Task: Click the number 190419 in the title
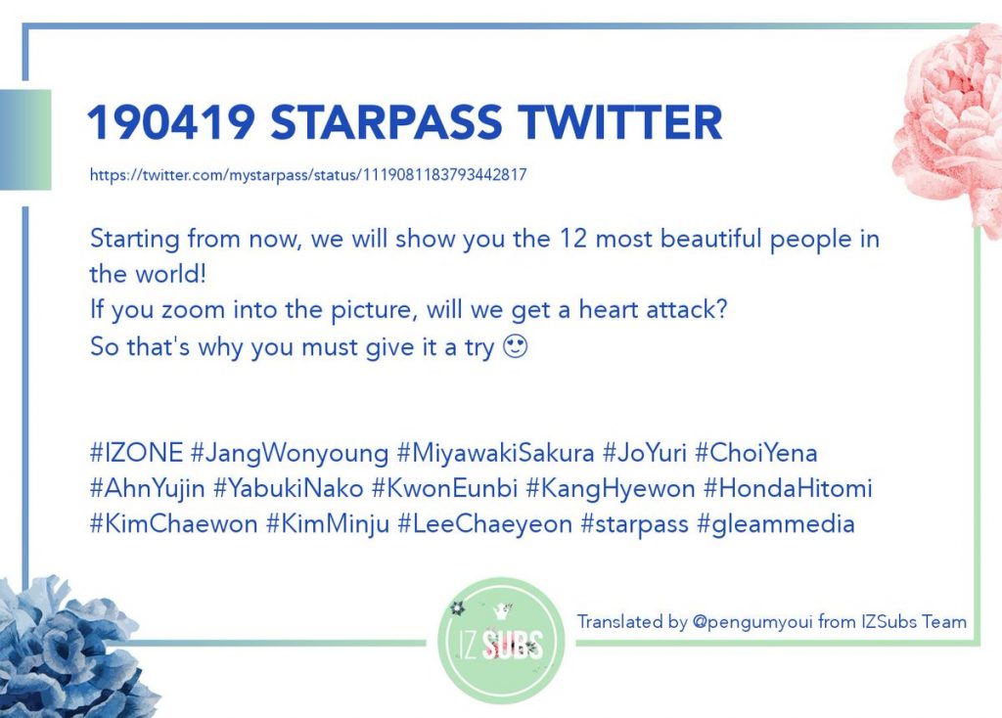(x=170, y=122)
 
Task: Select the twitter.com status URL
(x=308, y=174)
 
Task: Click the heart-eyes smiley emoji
(x=516, y=347)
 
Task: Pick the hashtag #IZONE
(x=136, y=452)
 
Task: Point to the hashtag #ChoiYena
(x=756, y=452)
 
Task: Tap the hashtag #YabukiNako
(x=289, y=489)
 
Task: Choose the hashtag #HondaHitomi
(x=788, y=489)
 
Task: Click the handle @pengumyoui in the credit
(x=752, y=622)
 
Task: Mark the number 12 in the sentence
(x=573, y=239)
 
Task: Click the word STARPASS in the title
(x=386, y=122)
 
